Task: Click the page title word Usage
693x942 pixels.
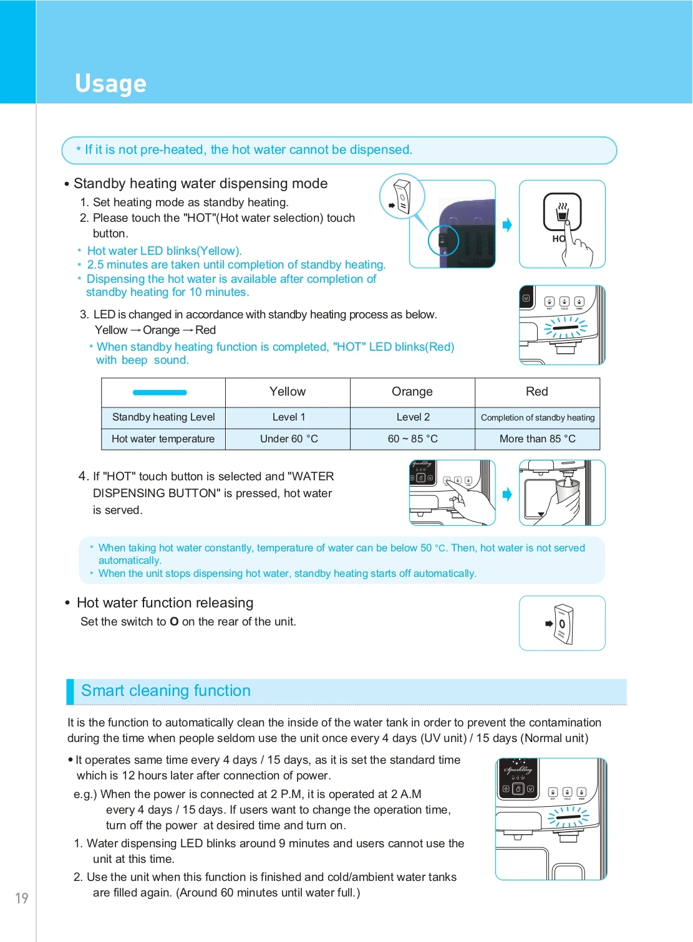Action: pos(110,83)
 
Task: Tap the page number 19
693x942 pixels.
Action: pos(22,898)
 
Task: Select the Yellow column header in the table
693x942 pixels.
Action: pos(288,392)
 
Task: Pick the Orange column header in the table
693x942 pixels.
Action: pos(412,392)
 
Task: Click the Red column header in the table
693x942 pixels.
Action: pos(537,392)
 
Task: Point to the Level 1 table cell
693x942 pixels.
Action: pos(289,417)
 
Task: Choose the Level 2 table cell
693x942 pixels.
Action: pos(413,417)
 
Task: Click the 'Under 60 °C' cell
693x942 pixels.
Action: pos(289,439)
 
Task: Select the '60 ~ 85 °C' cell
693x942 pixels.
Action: pos(413,439)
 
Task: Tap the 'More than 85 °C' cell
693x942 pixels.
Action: pos(538,439)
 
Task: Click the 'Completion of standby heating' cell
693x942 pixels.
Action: pos(538,418)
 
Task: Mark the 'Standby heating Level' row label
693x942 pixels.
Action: pos(163,417)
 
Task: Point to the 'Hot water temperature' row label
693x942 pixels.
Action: pos(163,439)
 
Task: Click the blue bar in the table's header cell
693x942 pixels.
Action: pos(160,392)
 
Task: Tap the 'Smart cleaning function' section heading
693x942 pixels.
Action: pos(166,691)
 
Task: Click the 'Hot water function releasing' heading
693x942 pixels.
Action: pos(165,603)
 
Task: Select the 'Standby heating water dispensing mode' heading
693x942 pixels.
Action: pos(200,184)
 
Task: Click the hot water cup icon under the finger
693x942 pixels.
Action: pos(562,212)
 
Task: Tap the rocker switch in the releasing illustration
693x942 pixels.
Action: pos(563,624)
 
